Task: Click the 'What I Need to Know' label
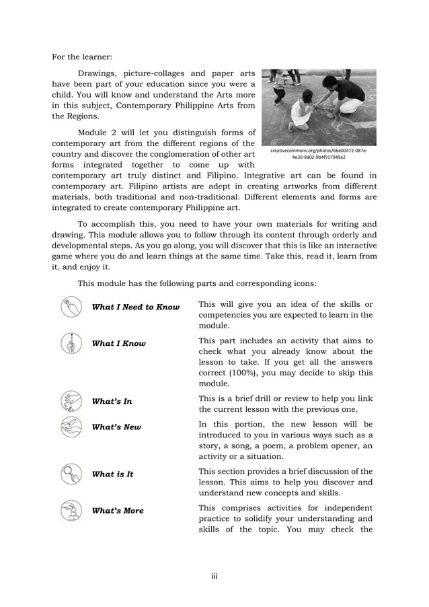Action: [135, 308]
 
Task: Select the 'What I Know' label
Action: [118, 344]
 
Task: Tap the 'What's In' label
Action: [112, 402]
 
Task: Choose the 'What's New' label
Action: [116, 427]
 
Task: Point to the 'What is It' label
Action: [112, 474]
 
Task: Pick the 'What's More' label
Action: [118, 511]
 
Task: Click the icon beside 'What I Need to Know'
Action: [71, 307]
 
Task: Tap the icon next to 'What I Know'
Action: [71, 343]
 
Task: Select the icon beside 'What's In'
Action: [71, 402]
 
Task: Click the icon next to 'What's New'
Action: [71, 427]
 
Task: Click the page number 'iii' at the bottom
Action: [214, 576]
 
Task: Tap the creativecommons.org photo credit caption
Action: [319, 154]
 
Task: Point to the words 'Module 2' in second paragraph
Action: [97, 132]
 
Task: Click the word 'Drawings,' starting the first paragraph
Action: [100, 73]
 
